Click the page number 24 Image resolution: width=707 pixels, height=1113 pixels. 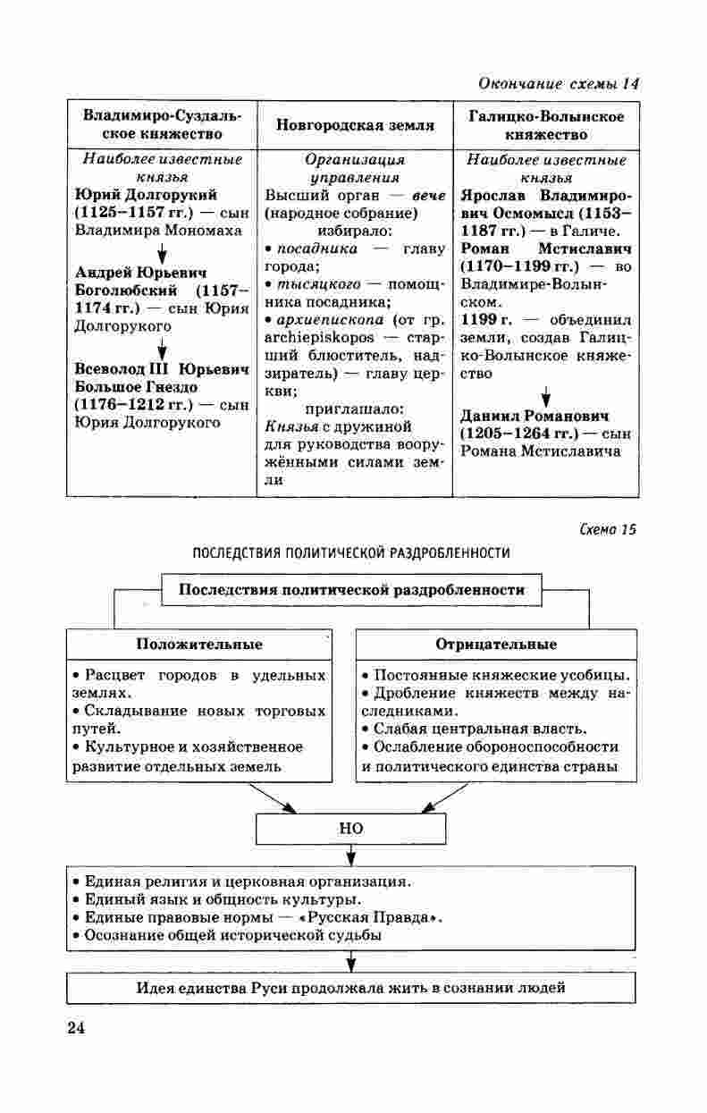[76, 1027]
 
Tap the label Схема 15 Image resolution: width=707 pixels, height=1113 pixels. [606, 529]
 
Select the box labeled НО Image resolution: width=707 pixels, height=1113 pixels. [351, 829]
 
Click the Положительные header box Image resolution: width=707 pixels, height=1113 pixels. [199, 645]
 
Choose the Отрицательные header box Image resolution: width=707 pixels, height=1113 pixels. [496, 645]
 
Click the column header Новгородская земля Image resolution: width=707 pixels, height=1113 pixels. [355, 126]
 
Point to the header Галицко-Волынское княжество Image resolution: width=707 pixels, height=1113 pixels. [546, 126]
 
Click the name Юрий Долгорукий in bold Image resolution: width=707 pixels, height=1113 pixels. [147, 195]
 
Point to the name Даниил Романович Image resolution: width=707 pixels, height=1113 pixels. [534, 417]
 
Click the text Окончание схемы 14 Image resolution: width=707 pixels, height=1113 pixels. [560, 84]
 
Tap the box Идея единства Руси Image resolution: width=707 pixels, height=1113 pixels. [351, 988]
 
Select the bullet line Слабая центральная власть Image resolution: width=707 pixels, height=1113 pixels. [481, 728]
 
